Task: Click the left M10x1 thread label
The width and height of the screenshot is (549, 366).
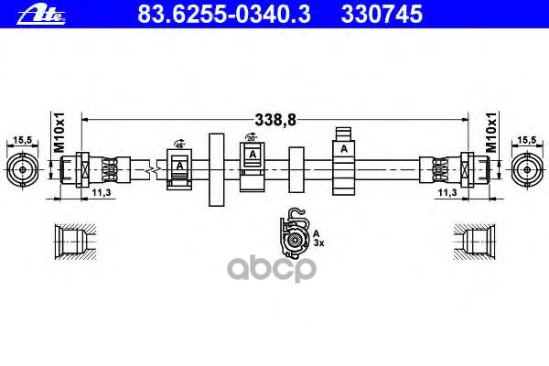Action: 56,134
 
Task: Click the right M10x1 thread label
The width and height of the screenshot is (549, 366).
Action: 491,134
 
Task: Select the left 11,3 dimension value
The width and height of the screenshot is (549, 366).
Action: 102,193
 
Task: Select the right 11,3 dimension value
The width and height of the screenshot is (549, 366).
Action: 447,193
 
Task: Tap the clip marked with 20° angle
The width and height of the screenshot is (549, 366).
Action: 252,162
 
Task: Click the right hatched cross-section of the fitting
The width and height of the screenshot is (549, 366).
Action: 477,244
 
